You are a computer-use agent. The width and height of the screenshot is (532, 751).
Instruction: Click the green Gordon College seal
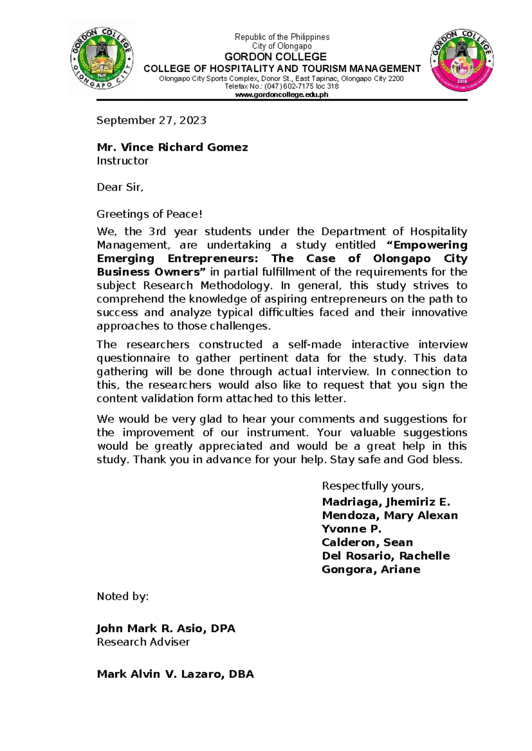[102, 58]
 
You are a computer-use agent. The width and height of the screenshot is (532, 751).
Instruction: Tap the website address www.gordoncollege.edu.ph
[282, 94]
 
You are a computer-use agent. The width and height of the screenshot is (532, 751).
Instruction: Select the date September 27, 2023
[151, 120]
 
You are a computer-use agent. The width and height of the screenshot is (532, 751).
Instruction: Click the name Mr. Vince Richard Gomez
[172, 147]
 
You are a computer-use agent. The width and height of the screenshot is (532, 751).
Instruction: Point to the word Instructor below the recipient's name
[122, 161]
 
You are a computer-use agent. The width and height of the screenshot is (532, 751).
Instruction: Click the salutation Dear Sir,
[120, 187]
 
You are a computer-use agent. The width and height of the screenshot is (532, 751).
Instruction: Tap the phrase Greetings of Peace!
[149, 214]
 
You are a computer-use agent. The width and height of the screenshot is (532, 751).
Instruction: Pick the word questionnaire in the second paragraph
[133, 358]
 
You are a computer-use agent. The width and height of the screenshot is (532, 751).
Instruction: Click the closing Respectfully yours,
[372, 486]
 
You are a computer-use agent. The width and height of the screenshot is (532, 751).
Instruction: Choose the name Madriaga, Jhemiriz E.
[386, 502]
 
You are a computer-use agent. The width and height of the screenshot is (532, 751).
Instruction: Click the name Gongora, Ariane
[371, 569]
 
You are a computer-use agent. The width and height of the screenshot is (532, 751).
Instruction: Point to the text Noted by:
[122, 596]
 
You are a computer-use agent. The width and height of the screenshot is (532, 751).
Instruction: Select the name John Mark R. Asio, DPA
[166, 628]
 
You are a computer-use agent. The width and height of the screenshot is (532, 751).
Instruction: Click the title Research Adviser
[143, 642]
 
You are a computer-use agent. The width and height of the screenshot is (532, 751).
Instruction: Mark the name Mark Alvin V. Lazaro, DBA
[175, 674]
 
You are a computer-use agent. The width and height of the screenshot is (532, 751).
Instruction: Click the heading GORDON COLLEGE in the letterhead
[275, 57]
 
